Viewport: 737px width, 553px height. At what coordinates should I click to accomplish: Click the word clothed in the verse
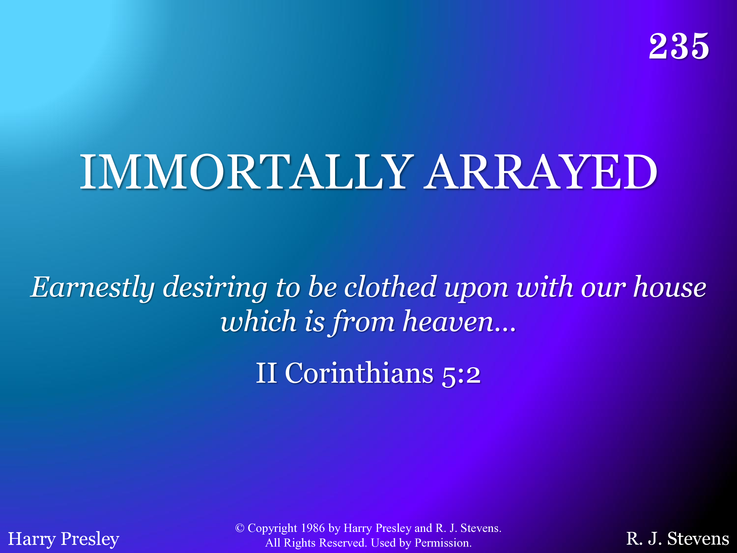click(x=390, y=287)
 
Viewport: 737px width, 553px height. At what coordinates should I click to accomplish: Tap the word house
click(x=670, y=287)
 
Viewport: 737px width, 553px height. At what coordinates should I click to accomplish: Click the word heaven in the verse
click(x=448, y=321)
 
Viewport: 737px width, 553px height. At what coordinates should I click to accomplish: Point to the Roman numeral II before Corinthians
click(x=267, y=373)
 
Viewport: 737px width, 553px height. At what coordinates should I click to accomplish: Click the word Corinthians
click(x=359, y=373)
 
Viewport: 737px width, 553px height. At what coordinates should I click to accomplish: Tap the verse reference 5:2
click(x=461, y=375)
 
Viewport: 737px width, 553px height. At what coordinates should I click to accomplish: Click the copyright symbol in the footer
click(x=240, y=528)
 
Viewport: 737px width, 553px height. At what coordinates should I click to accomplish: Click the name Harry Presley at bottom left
click(x=63, y=539)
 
